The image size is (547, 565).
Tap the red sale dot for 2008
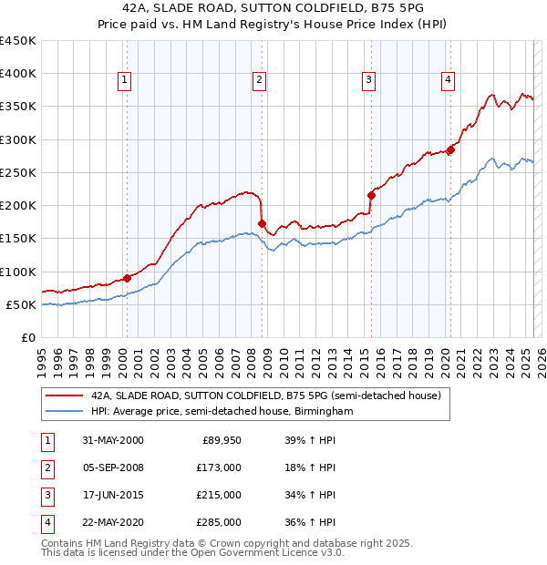click(262, 223)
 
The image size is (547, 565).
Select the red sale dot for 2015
click(371, 195)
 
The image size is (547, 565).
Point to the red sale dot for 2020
click(450, 149)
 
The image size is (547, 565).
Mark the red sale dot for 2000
click(127, 278)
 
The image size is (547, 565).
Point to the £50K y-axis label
click(21, 304)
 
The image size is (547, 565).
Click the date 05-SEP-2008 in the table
click(112, 468)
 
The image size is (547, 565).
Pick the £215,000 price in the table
click(218, 496)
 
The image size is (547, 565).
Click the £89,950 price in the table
click(222, 440)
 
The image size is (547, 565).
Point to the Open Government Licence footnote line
click(192, 552)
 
